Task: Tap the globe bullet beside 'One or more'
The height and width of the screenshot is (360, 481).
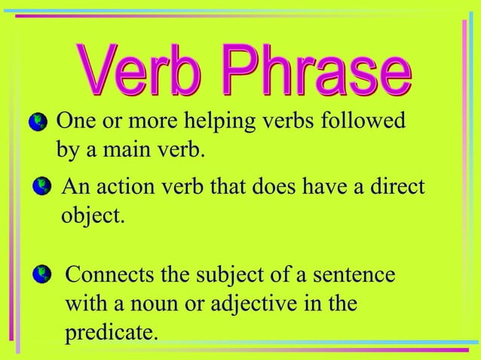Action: (x=36, y=122)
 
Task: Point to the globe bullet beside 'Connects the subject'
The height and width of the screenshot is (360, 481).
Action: (x=43, y=273)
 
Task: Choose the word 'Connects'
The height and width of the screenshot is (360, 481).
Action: (x=112, y=273)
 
